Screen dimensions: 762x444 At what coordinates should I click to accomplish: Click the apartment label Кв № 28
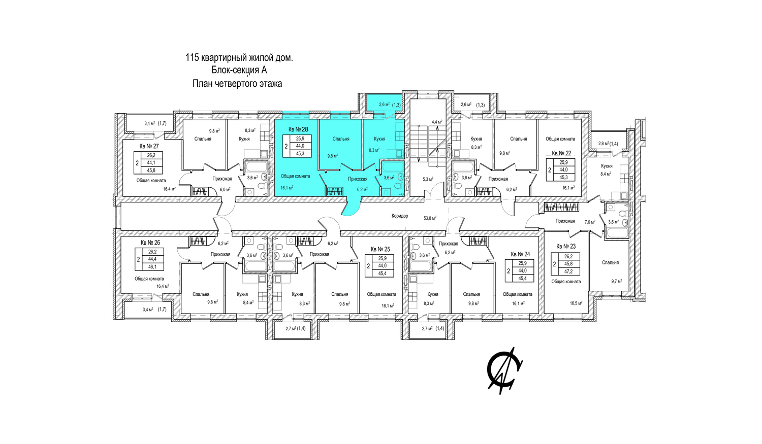coord(298,129)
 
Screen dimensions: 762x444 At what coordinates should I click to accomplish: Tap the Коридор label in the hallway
coord(400,216)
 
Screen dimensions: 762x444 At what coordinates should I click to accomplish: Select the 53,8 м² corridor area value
coord(430,218)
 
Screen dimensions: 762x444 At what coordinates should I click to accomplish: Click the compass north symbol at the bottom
coord(504,371)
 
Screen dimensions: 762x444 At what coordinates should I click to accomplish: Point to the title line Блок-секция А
coord(239,70)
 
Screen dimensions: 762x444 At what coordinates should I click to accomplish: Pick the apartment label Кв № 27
coord(149,146)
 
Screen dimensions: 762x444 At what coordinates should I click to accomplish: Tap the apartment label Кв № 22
coord(561,153)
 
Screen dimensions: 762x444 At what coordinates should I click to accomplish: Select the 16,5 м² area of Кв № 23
coord(576,302)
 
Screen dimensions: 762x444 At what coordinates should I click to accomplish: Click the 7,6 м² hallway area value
coord(590,222)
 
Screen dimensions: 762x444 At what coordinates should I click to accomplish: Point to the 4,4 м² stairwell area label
coord(437,122)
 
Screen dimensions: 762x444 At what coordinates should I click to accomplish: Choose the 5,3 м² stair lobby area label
coord(428,179)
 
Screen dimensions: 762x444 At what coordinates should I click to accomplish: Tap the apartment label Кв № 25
coord(380,249)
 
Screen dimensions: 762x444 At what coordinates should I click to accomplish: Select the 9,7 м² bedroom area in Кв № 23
coord(616,281)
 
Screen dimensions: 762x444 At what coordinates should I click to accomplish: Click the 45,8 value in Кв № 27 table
coord(150,170)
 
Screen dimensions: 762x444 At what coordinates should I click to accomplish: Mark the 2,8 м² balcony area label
coord(604,144)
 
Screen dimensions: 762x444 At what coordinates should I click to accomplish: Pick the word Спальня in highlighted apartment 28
coord(341,139)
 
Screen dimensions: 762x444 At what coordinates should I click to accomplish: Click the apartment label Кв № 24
coord(520,254)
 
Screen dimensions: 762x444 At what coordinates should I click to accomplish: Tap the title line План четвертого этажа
coord(237,84)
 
